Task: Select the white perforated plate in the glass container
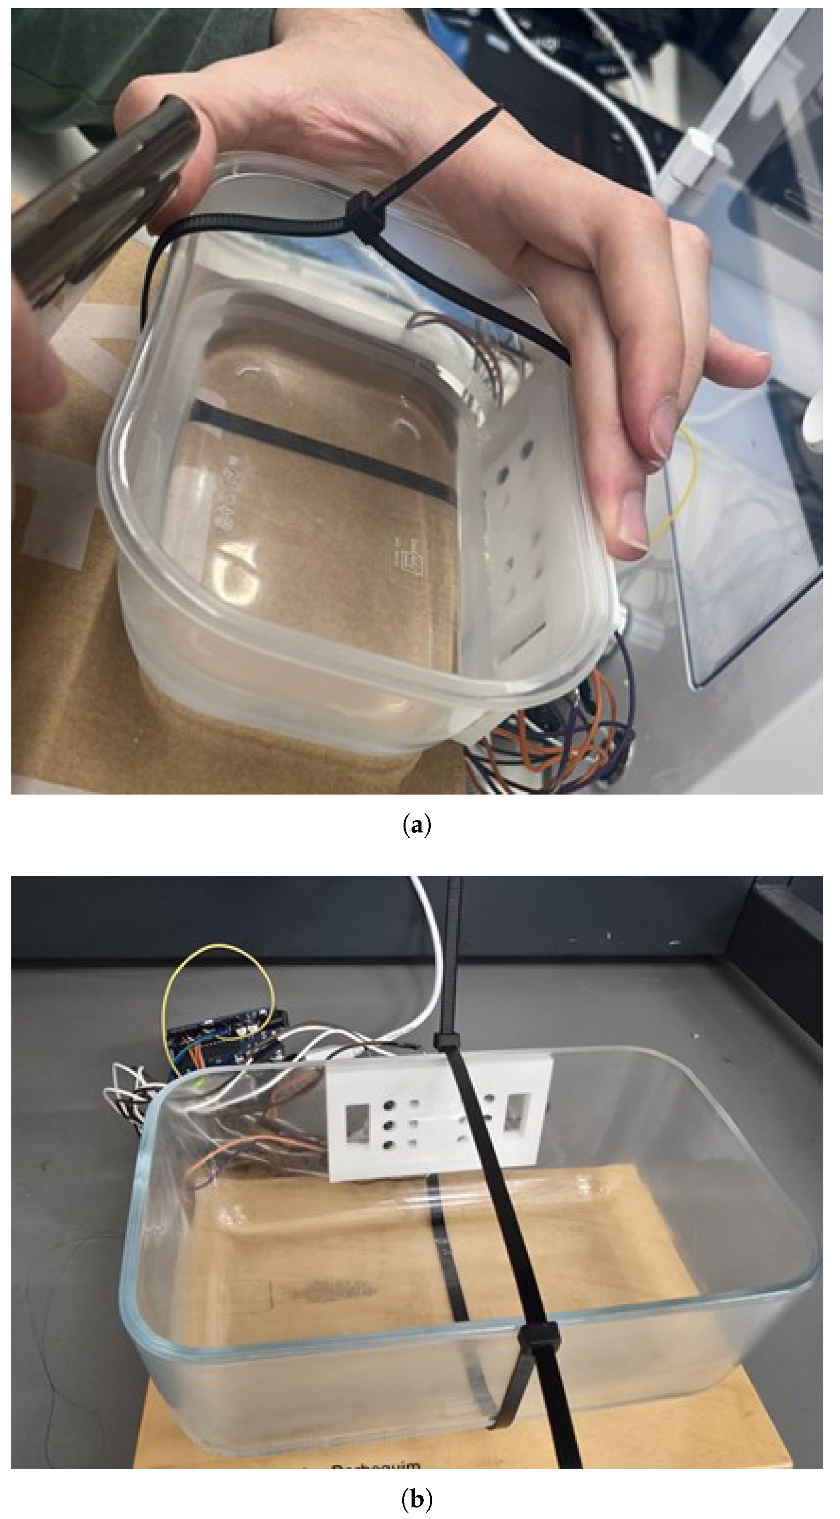pyautogui.click(x=439, y=1116)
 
